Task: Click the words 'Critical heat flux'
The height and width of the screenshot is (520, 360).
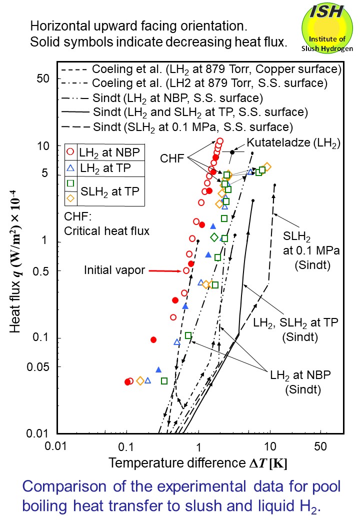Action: (106, 231)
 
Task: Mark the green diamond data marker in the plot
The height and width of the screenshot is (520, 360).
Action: (214, 237)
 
